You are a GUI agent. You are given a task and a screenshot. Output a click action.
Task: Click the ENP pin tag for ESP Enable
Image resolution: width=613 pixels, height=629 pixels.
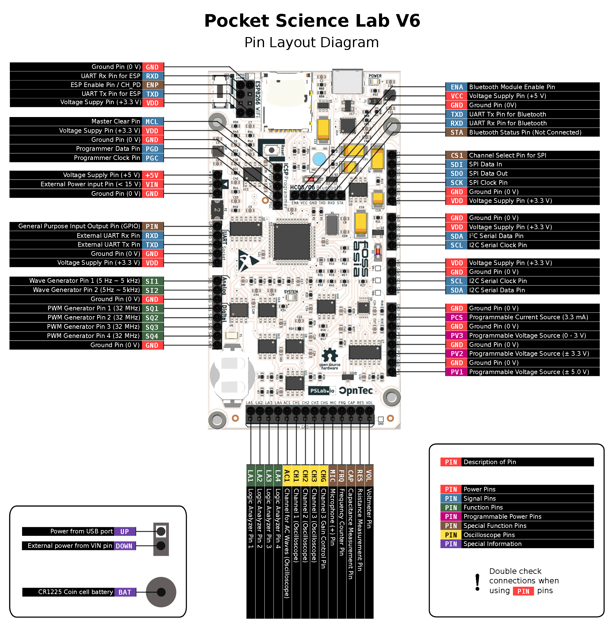[153, 85]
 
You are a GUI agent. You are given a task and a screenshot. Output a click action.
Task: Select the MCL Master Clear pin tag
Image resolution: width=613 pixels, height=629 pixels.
[152, 122]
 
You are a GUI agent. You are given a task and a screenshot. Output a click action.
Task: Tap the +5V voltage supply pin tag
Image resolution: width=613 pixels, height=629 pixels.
[152, 175]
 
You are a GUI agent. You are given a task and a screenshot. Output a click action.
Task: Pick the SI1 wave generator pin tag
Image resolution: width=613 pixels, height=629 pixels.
[152, 281]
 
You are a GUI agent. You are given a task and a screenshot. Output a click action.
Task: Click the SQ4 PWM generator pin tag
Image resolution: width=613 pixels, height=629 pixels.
[152, 336]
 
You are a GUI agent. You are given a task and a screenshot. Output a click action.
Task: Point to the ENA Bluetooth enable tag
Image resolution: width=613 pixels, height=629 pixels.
[457, 87]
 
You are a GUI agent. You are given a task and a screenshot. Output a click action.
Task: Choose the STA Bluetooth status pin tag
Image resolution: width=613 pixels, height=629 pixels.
[457, 133]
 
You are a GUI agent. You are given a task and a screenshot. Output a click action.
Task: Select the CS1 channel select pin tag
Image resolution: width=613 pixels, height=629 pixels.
[457, 155]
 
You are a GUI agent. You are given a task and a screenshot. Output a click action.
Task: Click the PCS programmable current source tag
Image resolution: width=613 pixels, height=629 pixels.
[457, 317]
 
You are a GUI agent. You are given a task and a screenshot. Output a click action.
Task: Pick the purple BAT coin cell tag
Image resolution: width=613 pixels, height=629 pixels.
[125, 592]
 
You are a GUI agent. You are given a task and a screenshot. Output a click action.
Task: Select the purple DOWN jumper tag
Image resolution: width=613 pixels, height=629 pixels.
[124, 546]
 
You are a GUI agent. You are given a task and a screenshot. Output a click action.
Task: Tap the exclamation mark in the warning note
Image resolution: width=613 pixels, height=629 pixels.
[477, 582]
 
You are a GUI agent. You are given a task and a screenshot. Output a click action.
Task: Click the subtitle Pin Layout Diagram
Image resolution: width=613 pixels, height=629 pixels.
[311, 43]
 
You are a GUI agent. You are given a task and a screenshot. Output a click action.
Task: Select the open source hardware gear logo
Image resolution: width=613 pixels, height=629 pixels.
[330, 356]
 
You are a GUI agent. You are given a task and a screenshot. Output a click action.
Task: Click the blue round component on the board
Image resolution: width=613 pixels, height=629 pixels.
[319, 159]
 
